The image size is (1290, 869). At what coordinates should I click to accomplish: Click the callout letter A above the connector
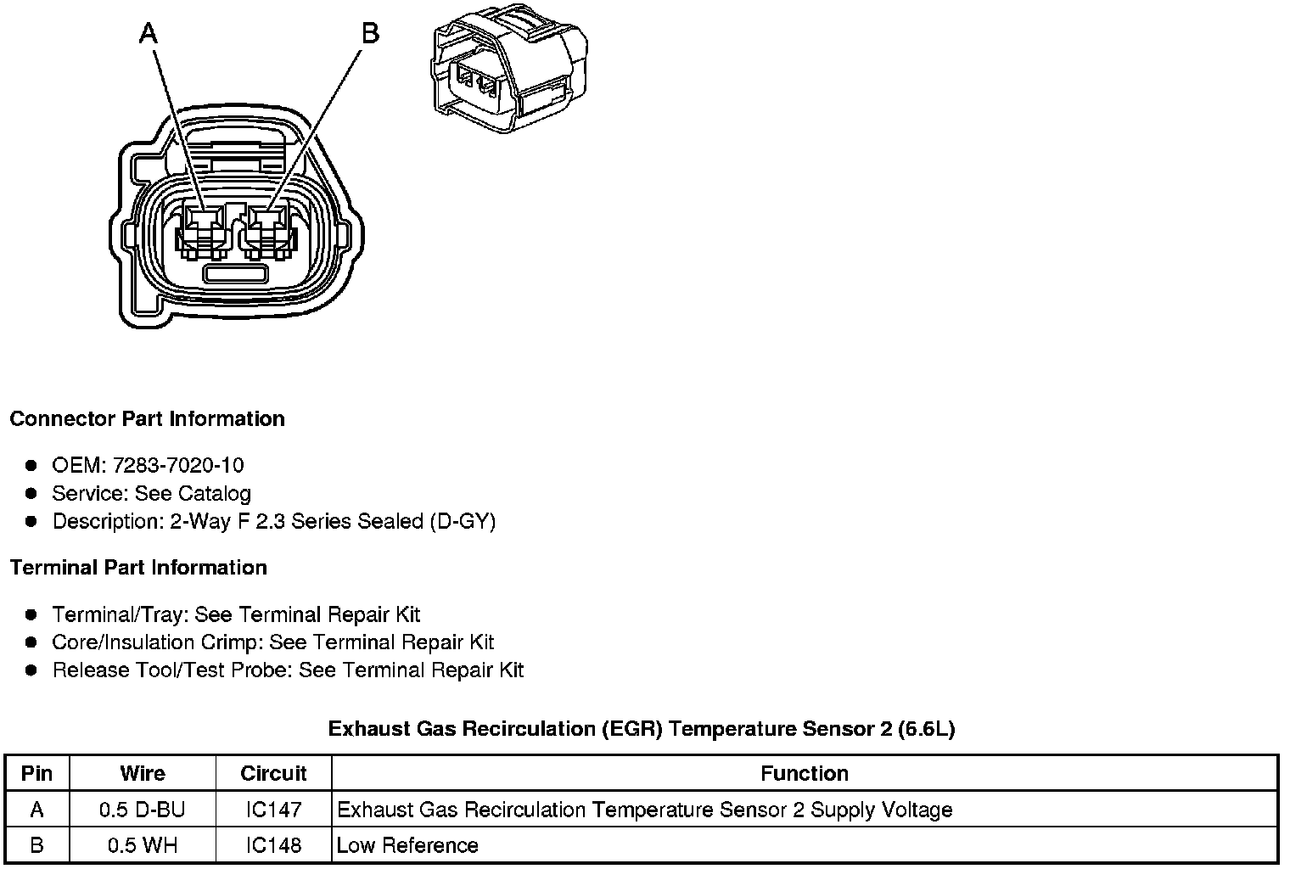point(149,33)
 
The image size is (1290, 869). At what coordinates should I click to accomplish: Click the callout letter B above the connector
point(370,33)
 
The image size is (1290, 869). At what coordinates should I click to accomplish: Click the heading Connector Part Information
point(147,419)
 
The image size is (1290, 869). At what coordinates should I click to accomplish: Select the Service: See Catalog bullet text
point(151,493)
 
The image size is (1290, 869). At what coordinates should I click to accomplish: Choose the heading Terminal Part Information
point(138,568)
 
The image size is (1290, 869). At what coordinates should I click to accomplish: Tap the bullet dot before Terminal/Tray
point(31,614)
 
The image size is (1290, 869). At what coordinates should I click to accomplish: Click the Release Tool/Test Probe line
point(288,670)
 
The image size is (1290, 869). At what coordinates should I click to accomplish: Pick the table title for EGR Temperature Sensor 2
point(642,729)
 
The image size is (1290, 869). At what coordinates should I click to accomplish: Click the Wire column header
point(143,773)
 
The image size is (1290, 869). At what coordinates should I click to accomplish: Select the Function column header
point(804,773)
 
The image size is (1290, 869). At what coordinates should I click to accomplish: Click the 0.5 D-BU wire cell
point(142,810)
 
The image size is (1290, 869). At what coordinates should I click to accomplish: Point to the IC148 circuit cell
point(273,845)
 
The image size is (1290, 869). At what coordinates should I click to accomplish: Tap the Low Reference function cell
point(407,845)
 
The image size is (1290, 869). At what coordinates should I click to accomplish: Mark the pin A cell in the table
point(36,810)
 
